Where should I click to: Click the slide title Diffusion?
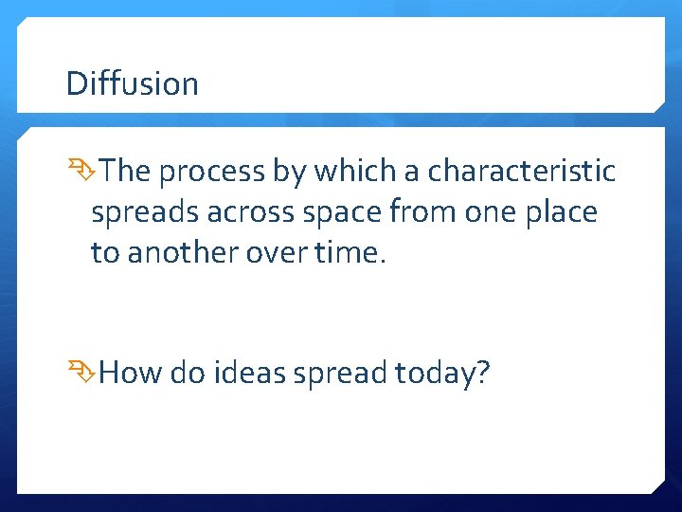tap(132, 83)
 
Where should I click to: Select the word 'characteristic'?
tap(522, 172)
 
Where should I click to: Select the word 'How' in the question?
tap(131, 373)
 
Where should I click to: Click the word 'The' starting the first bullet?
tap(126, 172)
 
